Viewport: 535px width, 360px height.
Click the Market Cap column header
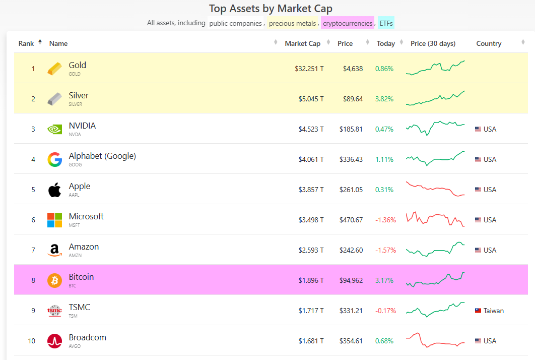click(302, 43)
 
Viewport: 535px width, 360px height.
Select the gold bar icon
click(55, 69)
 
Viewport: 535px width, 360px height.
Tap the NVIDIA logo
click(55, 129)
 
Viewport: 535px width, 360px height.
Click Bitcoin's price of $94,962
click(351, 280)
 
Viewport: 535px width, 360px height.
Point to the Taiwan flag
click(478, 311)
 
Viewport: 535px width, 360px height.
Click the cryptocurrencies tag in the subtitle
click(348, 23)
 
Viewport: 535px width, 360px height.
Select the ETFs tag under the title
click(386, 23)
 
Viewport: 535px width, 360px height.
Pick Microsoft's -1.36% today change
click(385, 220)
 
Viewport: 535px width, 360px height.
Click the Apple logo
click(55, 190)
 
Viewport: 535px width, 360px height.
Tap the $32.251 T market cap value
click(309, 69)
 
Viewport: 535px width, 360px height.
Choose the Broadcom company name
click(88, 337)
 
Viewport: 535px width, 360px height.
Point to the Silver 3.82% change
click(384, 99)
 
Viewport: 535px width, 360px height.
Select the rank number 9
click(33, 311)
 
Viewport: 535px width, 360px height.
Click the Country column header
click(489, 43)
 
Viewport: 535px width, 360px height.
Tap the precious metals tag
click(292, 23)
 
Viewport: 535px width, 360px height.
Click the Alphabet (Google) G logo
click(55, 159)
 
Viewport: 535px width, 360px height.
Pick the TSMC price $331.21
click(351, 311)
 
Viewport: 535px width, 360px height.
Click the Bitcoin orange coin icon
click(55, 280)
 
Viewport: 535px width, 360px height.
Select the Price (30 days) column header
click(433, 43)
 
